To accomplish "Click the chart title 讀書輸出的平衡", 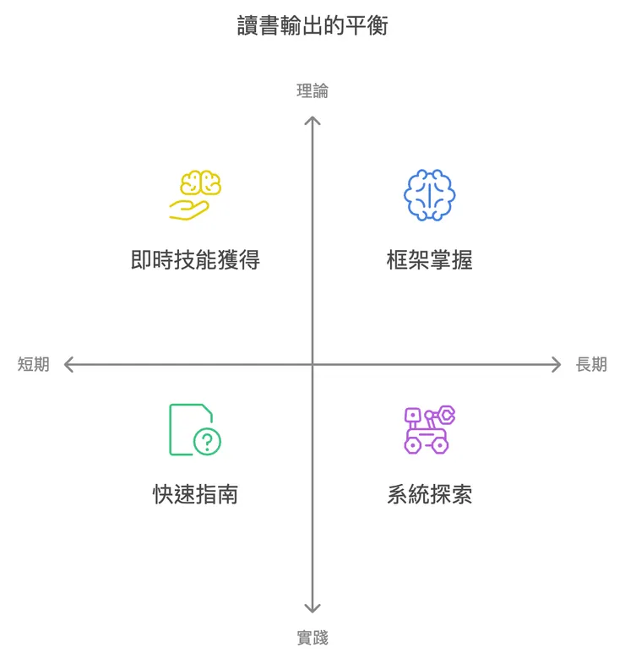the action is coord(312,25).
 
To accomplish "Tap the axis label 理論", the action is coord(312,90).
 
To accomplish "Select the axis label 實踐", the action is coord(312,638).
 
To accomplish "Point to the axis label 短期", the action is coord(34,364).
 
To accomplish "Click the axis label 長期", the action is coord(591,364).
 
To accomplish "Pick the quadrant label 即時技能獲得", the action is coord(195,259).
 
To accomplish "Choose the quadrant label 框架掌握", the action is coord(430,259).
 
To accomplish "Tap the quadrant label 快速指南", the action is coord(195,494).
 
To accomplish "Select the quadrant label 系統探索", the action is coord(430,494).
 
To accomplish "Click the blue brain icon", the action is coord(430,195).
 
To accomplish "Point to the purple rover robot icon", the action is coord(430,429).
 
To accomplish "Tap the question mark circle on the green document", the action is coord(207,442).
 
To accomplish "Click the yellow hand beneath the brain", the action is coord(189,210).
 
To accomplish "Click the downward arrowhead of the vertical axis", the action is coord(312,608).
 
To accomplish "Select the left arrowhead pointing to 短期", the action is coord(68,364).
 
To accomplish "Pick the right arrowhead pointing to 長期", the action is coord(557,364).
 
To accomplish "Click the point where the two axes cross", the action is coord(312,364).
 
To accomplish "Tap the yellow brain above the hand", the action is coord(201,182).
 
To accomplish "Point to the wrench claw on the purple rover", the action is coord(446,415).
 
